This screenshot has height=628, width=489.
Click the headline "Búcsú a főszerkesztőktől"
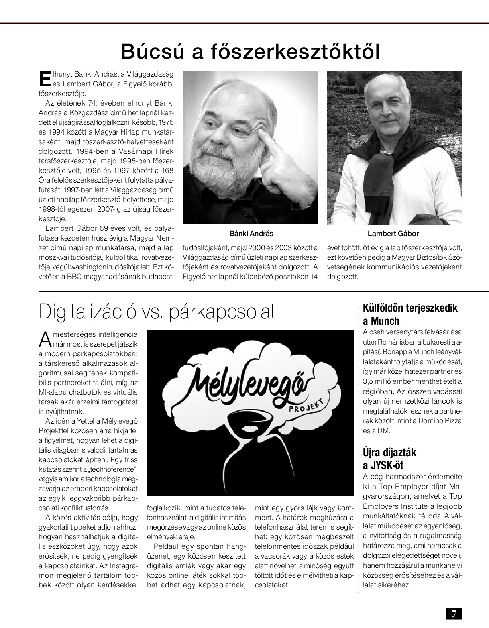[250, 51]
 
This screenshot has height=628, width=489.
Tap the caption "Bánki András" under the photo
[251, 234]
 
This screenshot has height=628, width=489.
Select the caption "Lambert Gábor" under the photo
[393, 234]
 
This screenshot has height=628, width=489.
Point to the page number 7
[454, 614]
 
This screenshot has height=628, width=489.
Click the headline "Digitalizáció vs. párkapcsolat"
[157, 312]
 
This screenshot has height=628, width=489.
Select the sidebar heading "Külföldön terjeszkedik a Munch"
[410, 314]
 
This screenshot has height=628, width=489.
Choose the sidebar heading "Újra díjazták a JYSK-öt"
[389, 459]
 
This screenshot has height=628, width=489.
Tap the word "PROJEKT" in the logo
[307, 404]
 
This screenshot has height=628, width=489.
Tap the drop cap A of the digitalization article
[45, 338]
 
